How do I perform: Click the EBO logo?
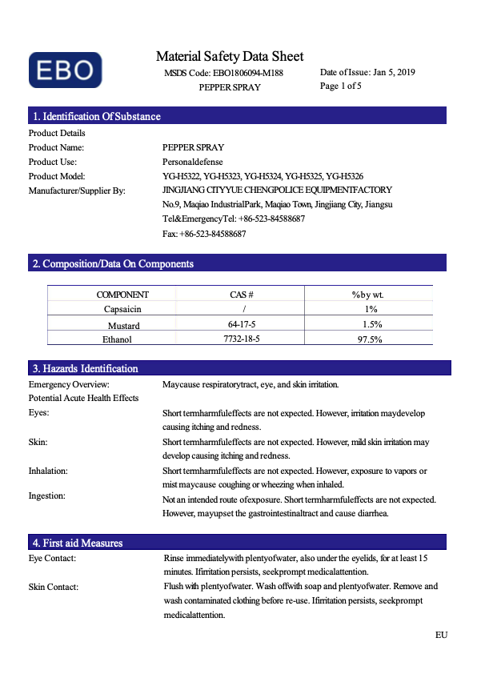pyautogui.click(x=66, y=70)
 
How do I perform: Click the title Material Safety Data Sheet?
pyautogui.click(x=230, y=56)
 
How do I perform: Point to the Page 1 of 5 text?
pyautogui.click(x=341, y=86)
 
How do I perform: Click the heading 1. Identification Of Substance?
pyautogui.click(x=96, y=116)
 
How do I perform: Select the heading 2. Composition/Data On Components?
pyautogui.click(x=113, y=263)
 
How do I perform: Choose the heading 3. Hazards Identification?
pyautogui.click(x=85, y=368)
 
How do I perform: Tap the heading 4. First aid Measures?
pyautogui.click(x=78, y=543)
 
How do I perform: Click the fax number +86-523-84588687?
pyautogui.click(x=213, y=234)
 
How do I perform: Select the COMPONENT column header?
pyautogui.click(x=122, y=295)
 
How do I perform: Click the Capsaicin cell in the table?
pyautogui.click(x=122, y=309)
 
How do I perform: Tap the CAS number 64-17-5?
pyautogui.click(x=242, y=324)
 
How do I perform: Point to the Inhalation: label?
pyautogui.click(x=48, y=471)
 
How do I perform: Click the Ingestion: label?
pyautogui.click(x=46, y=495)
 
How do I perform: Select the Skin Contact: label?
pyautogui.click(x=54, y=587)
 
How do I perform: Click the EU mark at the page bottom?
pyautogui.click(x=441, y=635)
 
